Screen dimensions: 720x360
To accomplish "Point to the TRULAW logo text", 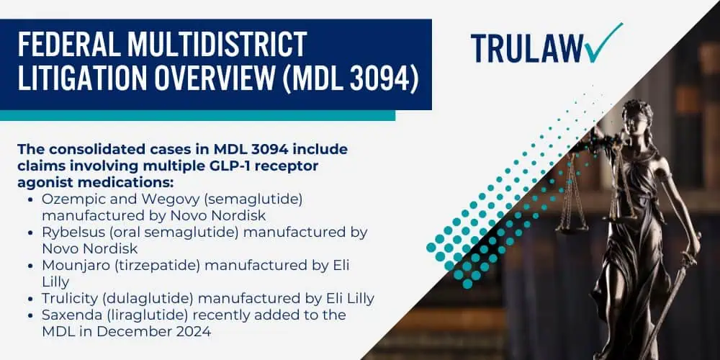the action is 527,48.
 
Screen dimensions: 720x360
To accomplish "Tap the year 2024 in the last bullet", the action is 193,331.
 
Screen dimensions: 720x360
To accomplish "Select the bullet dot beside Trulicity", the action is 30,299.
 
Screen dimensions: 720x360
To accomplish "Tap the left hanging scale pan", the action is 571,227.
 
